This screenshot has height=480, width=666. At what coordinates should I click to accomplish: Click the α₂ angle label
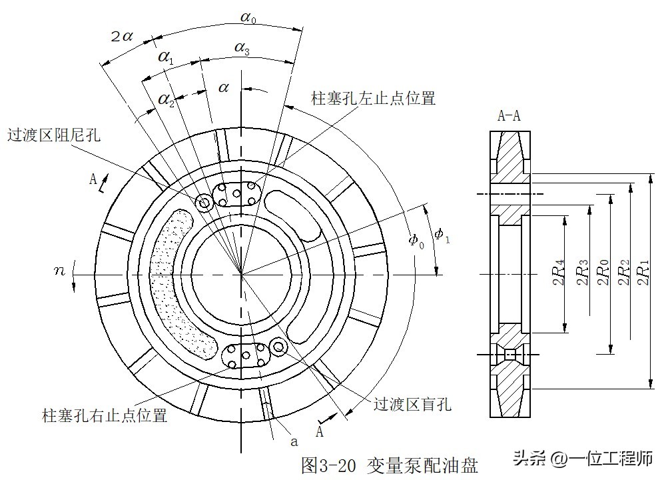(x=166, y=100)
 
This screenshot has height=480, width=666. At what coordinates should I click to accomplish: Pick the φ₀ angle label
(x=416, y=239)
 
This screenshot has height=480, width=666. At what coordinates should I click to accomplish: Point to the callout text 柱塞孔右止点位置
(x=105, y=416)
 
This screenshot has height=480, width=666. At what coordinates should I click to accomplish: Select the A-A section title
(x=509, y=115)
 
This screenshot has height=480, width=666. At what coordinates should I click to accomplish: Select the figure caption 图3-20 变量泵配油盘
(x=389, y=465)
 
